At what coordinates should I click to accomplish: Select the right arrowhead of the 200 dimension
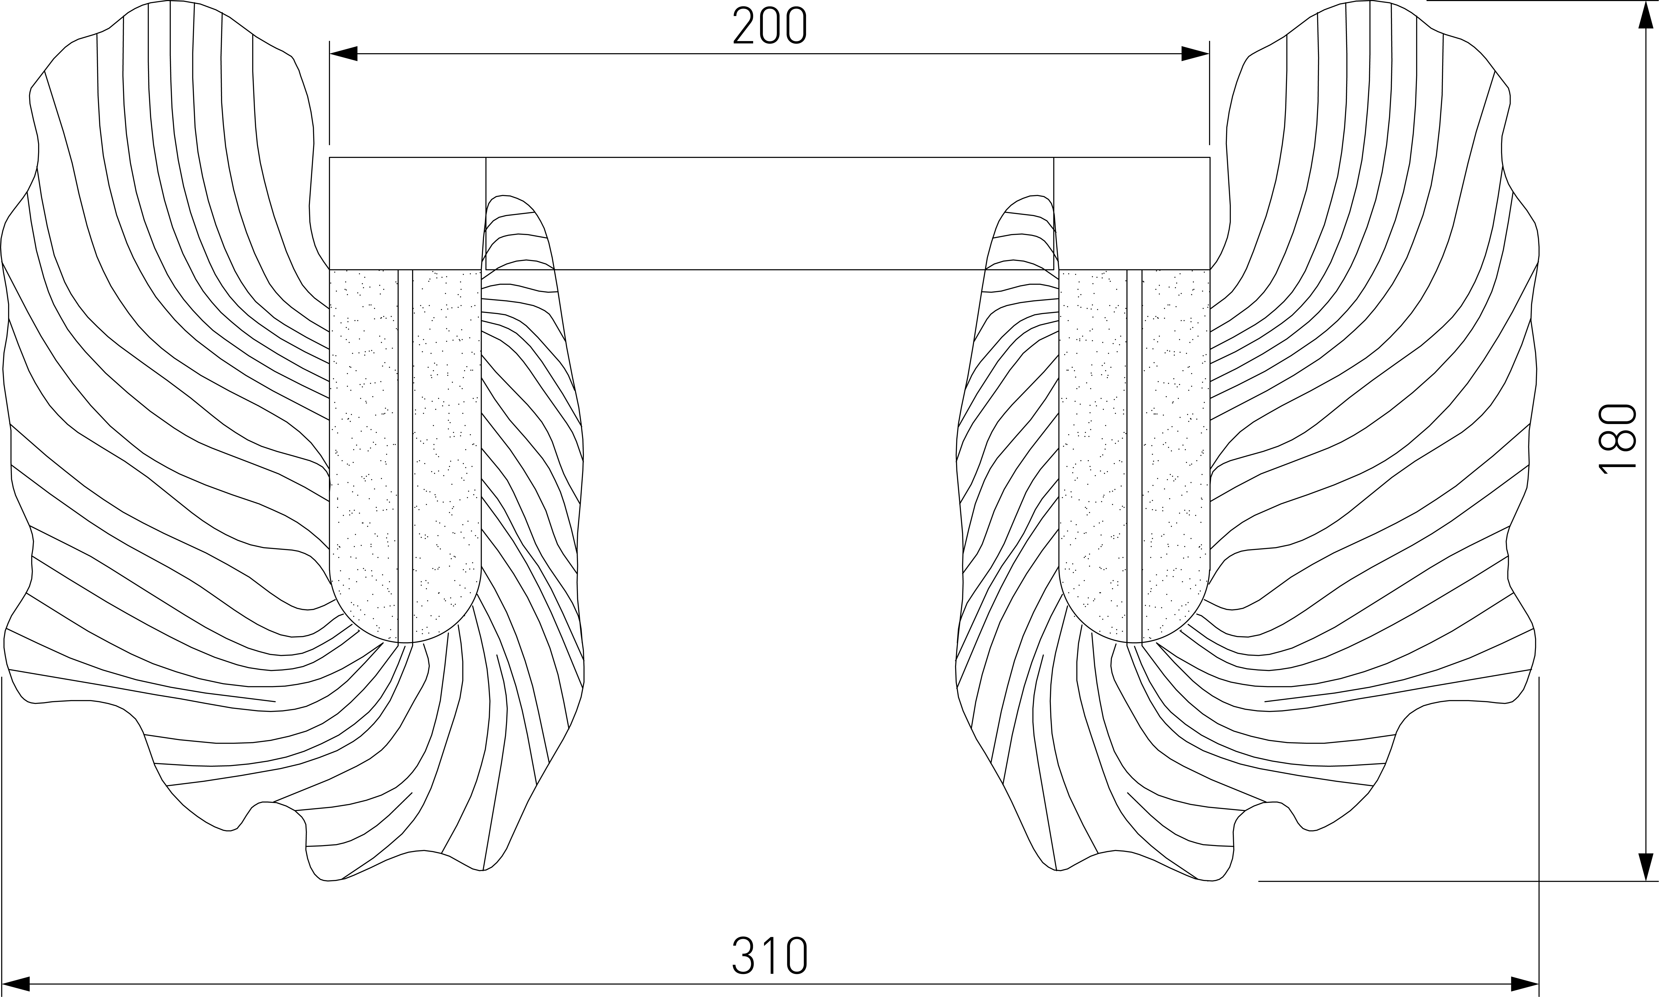pyautogui.click(x=1195, y=54)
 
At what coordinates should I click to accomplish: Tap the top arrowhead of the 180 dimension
pyautogui.click(x=1646, y=15)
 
